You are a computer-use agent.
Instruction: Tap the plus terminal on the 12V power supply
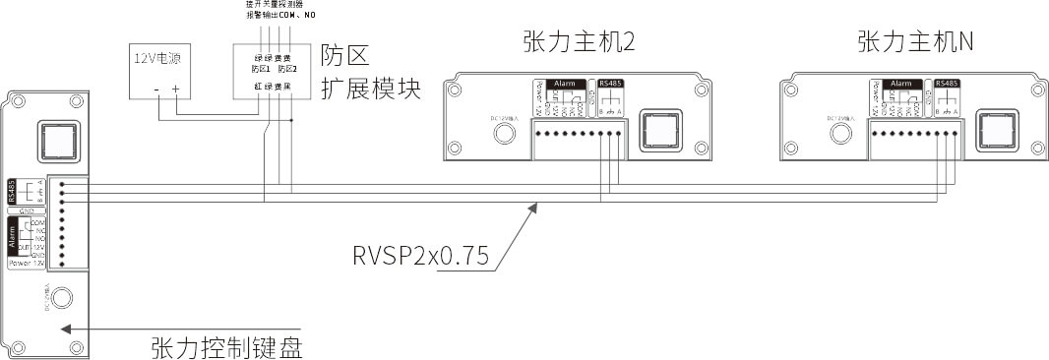176,90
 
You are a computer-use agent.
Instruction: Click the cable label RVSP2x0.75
420,256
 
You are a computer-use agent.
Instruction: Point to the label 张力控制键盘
225,346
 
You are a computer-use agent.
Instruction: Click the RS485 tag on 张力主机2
610,85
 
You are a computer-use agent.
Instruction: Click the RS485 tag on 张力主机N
947,85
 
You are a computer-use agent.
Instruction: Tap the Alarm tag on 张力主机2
566,85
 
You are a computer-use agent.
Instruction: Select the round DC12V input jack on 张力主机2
506,133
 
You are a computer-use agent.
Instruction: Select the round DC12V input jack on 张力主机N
842,133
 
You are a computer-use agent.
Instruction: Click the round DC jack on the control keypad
61,297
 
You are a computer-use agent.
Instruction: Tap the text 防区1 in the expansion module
261,69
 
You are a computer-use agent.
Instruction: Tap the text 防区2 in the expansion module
286,69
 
